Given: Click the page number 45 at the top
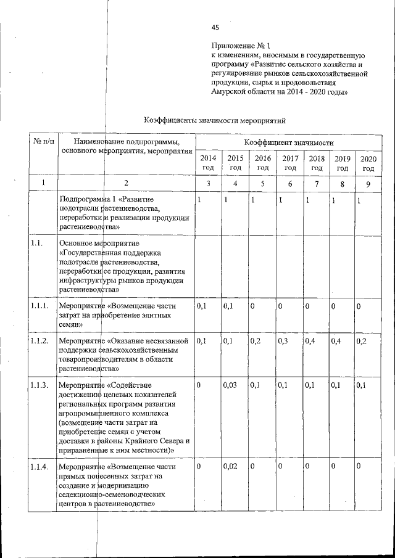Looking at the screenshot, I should tap(215, 27).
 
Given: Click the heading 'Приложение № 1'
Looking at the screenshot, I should tap(241, 46).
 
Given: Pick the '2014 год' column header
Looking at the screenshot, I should tap(208, 163).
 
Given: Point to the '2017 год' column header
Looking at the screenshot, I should tap(291, 163).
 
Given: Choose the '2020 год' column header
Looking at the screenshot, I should tap(368, 163).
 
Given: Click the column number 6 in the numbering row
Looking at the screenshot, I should tap(290, 183).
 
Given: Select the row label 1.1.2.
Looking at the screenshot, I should tap(41, 340).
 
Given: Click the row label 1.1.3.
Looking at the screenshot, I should tap(41, 385).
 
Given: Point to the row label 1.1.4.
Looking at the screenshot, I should tap(41, 467).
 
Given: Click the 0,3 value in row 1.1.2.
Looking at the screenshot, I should tap(283, 340).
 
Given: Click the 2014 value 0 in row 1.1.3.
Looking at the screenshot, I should tap(199, 385).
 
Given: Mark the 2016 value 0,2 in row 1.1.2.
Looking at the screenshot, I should tap(256, 340).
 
